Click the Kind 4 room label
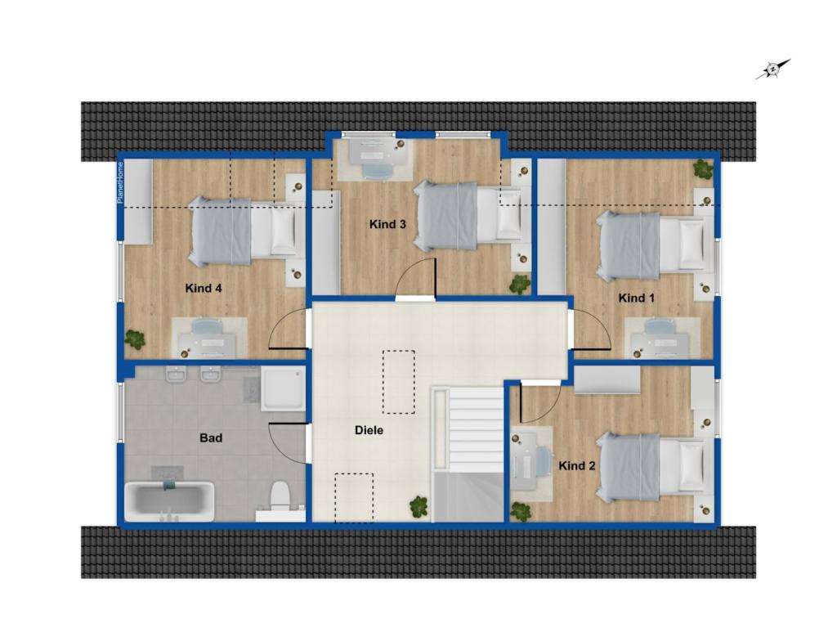(x=204, y=288)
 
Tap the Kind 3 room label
(x=387, y=224)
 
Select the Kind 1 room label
(x=637, y=298)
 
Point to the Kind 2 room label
(x=576, y=465)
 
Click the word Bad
(x=211, y=438)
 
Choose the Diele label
(x=369, y=430)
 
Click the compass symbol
(x=772, y=70)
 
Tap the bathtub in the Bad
(x=170, y=500)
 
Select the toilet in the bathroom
(x=280, y=495)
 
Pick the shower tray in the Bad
(x=282, y=388)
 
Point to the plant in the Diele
(x=419, y=506)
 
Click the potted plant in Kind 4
(x=135, y=338)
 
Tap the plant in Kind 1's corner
(x=702, y=168)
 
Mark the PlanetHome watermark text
(x=119, y=182)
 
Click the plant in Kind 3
(x=519, y=284)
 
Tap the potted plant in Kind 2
(x=521, y=511)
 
